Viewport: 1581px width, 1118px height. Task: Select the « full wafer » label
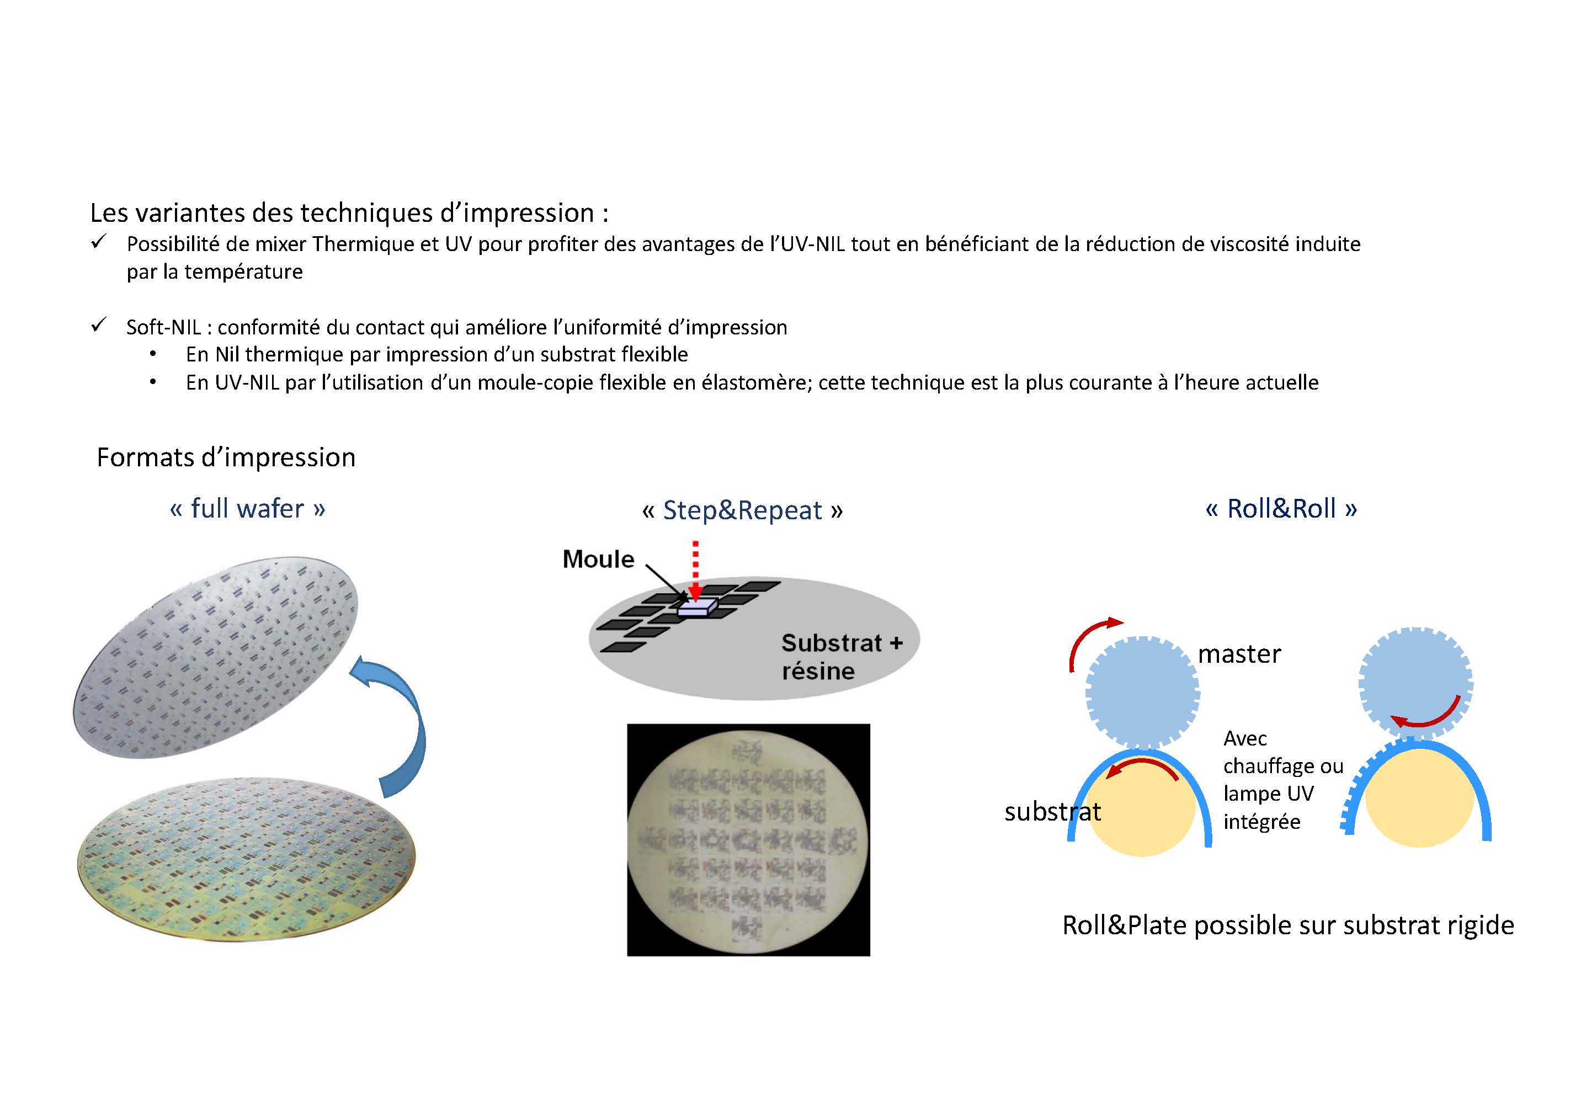pos(247,509)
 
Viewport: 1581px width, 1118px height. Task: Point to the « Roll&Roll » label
pos(1281,509)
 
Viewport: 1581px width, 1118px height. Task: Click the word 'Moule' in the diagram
pos(598,559)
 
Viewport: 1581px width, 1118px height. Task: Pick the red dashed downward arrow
pos(695,571)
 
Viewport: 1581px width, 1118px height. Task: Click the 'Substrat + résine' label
pos(842,657)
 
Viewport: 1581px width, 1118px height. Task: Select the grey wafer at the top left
pos(216,657)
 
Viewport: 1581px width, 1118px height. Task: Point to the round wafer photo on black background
pos(748,840)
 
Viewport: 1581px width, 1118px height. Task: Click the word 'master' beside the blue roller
pos(1239,654)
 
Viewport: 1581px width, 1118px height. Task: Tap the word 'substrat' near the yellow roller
pos(1052,812)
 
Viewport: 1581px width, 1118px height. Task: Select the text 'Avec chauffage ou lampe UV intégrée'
pos(1283,780)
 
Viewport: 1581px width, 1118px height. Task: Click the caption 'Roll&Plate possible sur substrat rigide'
pos(1287,925)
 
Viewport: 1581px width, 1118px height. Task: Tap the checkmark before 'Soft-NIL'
pos(98,325)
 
